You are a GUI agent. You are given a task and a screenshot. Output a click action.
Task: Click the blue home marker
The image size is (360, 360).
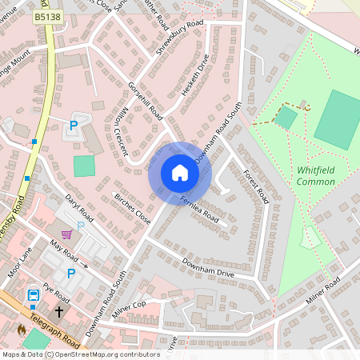180,173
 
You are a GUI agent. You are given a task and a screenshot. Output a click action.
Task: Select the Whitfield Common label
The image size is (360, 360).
315,176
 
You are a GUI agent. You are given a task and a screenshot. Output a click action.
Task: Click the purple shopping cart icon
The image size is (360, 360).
67,234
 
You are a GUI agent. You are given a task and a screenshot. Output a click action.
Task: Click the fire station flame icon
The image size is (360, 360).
22,329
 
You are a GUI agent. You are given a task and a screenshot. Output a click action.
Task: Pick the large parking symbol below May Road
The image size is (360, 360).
70,274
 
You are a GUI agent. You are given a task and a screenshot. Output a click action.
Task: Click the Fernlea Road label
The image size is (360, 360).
199,208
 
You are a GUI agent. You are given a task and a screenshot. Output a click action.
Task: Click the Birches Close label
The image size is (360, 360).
132,207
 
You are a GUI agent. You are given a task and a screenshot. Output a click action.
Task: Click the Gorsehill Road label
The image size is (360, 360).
146,100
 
